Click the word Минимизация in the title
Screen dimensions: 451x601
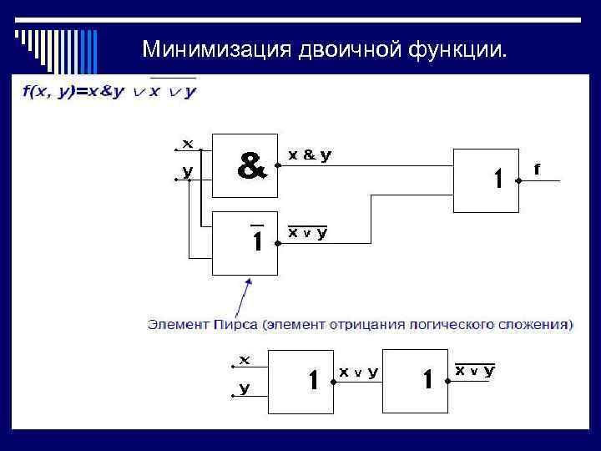[215, 49]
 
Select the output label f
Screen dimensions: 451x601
[537, 168]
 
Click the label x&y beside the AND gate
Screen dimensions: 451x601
[310, 155]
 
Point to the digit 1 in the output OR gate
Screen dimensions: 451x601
[497, 178]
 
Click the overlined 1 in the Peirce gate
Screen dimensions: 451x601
[258, 241]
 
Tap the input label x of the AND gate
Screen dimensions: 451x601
[188, 144]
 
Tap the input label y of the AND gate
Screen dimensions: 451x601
[188, 171]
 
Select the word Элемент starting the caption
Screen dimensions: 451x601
[178, 323]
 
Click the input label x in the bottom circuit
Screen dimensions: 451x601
[245, 360]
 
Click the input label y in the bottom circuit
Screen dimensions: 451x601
[245, 388]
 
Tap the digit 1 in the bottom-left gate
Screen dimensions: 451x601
[313, 381]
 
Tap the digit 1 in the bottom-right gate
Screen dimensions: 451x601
[427, 381]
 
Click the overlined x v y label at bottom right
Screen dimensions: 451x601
[474, 370]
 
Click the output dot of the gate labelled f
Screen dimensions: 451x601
[519, 179]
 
